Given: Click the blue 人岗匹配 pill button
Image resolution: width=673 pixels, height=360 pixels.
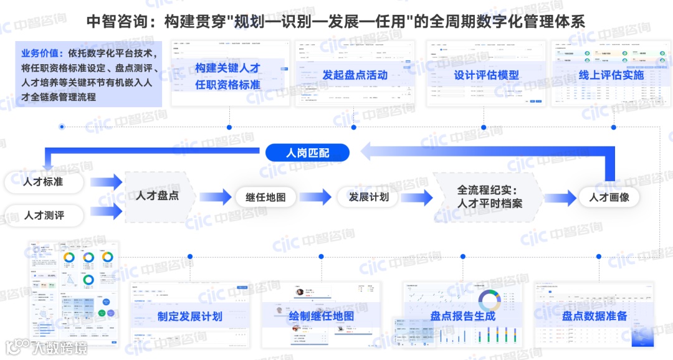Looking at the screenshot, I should (308, 153).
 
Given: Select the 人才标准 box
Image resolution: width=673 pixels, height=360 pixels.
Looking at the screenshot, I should (43, 182).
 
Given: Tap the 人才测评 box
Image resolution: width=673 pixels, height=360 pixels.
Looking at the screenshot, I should (44, 216).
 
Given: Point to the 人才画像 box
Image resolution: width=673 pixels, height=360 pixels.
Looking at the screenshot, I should (609, 197).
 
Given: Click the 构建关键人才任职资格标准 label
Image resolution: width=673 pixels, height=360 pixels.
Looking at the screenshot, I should (227, 76).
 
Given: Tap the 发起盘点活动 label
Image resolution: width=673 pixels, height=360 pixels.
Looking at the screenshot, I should (355, 75).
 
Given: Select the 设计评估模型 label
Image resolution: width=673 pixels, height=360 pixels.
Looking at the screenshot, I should (486, 75).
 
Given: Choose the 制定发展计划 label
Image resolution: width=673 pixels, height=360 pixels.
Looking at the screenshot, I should (189, 316).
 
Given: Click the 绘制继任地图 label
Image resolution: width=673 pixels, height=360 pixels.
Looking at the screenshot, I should (321, 316).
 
